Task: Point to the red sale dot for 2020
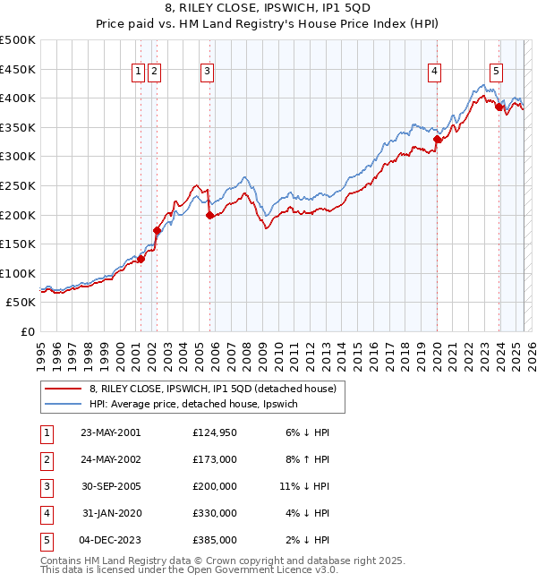pyautogui.click(x=437, y=140)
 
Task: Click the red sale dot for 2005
pyautogui.click(x=209, y=215)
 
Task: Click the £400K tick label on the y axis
pyautogui.click(x=18, y=98)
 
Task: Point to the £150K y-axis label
pyautogui.click(x=18, y=244)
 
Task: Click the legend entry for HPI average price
pyautogui.click(x=199, y=404)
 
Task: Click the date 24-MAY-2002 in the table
pyautogui.click(x=109, y=459)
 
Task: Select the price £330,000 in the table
pyautogui.click(x=215, y=513)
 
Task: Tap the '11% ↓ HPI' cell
pyautogui.click(x=304, y=486)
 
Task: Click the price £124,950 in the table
pyautogui.click(x=215, y=432)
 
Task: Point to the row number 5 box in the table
pyautogui.click(x=44, y=540)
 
